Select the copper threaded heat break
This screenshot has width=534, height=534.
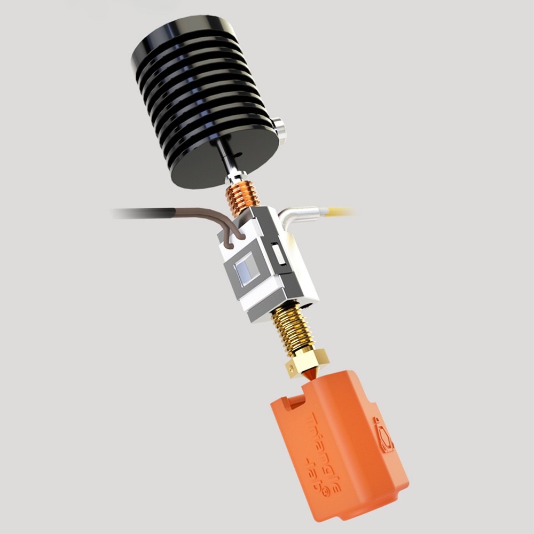coord(242,198)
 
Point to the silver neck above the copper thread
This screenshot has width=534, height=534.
coord(235,176)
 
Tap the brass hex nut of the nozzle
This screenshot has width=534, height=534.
coord(307,363)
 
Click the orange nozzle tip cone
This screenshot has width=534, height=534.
coord(309,377)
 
